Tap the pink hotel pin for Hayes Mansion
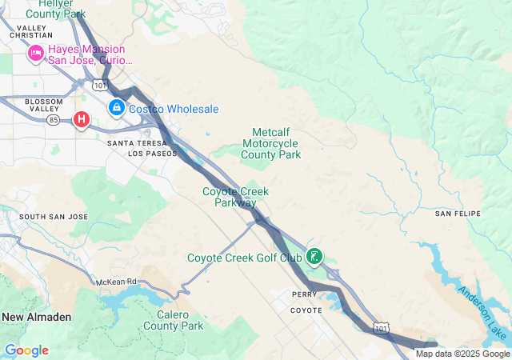point(35,54)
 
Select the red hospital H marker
point(81,120)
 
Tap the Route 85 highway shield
point(54,120)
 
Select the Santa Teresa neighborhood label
point(136,142)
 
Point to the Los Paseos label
point(151,153)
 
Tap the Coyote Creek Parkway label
point(235,197)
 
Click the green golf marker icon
point(315,257)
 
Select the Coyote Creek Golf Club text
point(245,258)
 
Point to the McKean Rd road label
point(117,282)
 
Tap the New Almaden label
point(36,317)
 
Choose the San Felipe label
point(457,214)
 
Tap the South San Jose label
point(54,217)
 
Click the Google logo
point(26,350)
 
